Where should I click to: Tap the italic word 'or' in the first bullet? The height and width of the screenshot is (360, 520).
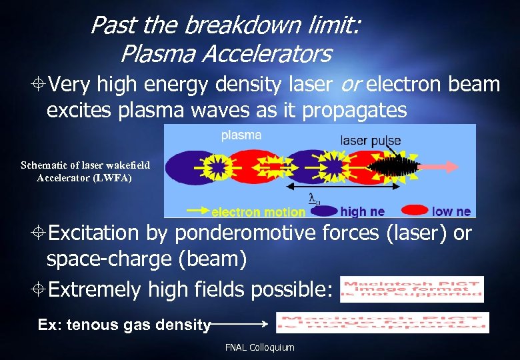(x=351, y=85)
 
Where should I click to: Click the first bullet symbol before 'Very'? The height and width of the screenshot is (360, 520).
(x=39, y=85)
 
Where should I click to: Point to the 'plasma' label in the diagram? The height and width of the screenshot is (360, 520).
(x=241, y=135)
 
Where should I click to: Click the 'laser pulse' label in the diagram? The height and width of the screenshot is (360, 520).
(x=371, y=141)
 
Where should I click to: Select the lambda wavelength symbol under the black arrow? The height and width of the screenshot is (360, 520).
(x=313, y=197)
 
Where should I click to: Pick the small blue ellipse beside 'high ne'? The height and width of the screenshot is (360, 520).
(x=325, y=211)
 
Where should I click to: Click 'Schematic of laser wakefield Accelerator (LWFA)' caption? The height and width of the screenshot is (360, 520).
(x=85, y=171)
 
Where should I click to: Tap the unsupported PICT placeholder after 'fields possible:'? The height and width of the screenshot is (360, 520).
(x=411, y=289)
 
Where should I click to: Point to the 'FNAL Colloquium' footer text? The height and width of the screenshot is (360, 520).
(x=259, y=347)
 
